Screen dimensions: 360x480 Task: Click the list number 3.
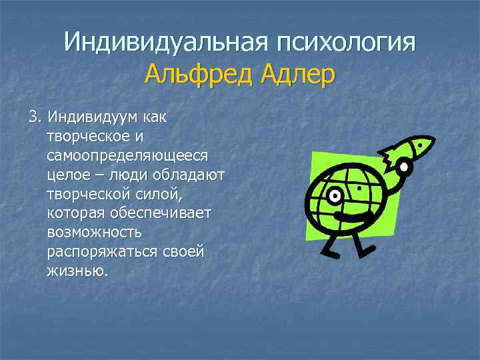(x=33, y=117)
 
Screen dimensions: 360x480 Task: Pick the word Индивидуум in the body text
(x=93, y=117)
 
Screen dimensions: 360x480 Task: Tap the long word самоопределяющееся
(x=127, y=155)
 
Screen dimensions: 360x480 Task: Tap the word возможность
(x=94, y=233)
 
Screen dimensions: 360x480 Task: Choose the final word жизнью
(x=77, y=271)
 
